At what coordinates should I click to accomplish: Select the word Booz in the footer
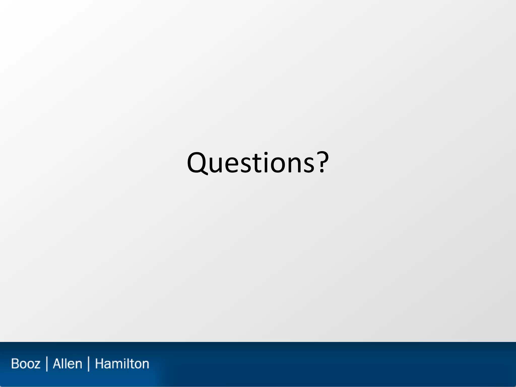tap(26, 364)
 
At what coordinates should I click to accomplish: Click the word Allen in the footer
tap(68, 364)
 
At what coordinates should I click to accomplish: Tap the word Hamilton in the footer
tap(122, 364)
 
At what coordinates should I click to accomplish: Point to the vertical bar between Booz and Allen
tap(47, 364)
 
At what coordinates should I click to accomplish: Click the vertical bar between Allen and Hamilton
tap(88, 364)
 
